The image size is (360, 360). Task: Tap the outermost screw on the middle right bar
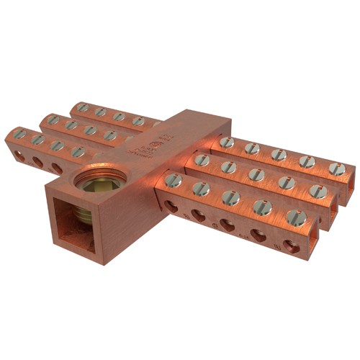(x=320, y=191)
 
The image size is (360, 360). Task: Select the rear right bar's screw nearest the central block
(x=227, y=143)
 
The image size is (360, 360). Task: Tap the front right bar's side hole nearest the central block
(x=171, y=207)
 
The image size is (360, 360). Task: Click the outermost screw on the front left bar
(x=19, y=133)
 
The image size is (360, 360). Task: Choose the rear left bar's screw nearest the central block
(x=138, y=121)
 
